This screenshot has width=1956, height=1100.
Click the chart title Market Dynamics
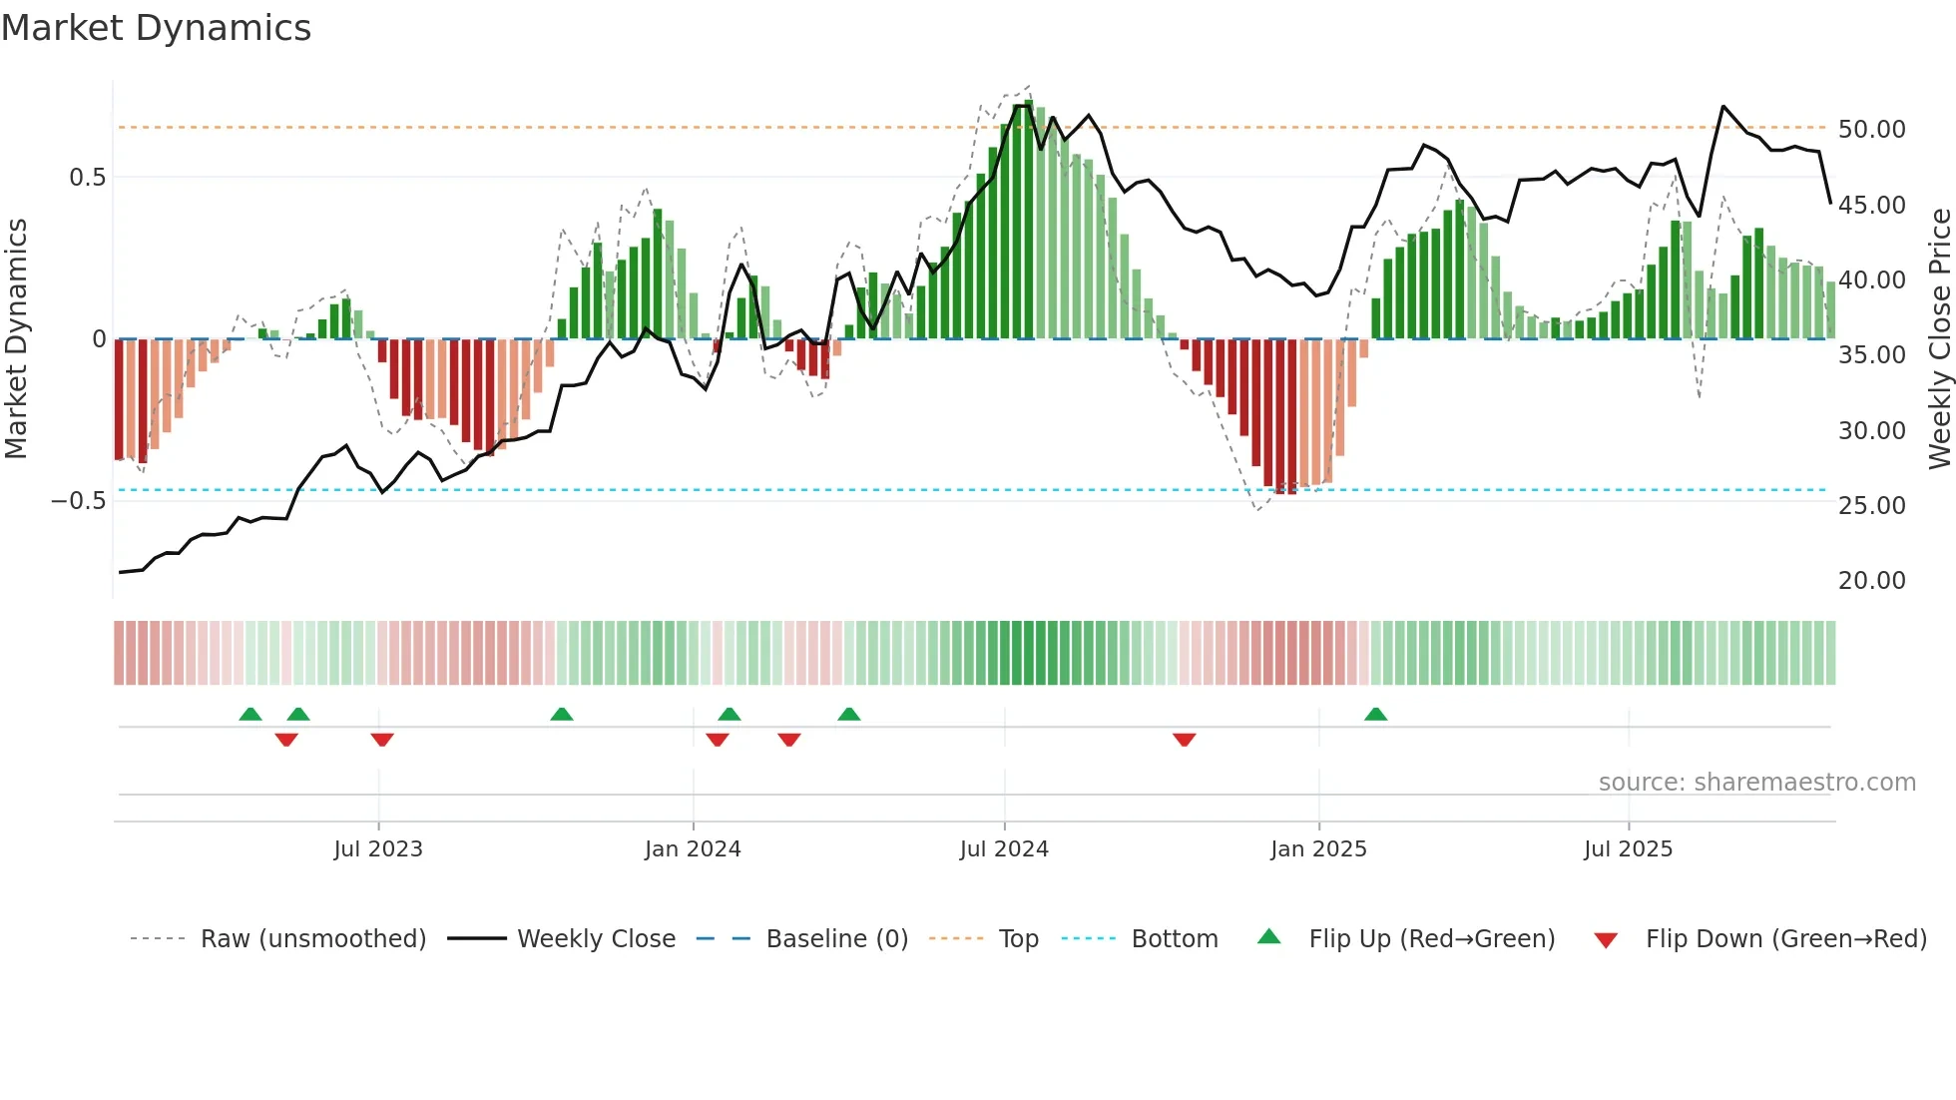pyautogui.click(x=157, y=28)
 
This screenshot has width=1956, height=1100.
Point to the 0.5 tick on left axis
pyautogui.click(x=87, y=178)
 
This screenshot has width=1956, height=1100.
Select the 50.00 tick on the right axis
pyautogui.click(x=1871, y=130)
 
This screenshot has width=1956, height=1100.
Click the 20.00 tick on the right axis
pyautogui.click(x=1871, y=581)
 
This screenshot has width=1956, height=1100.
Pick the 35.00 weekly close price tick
pyautogui.click(x=1871, y=355)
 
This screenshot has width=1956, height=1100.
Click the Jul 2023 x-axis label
pyautogui.click(x=378, y=849)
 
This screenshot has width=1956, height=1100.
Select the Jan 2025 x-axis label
pyautogui.click(x=1318, y=849)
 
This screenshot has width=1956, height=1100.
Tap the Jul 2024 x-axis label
pyautogui.click(x=1004, y=849)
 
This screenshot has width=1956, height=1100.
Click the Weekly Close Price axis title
pyautogui.click(x=1939, y=339)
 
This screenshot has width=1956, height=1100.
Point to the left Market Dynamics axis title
pyautogui.click(x=16, y=339)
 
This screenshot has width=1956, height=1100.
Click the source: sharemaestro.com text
pyautogui.click(x=1756, y=783)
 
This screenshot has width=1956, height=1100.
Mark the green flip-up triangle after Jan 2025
pyautogui.click(x=1375, y=715)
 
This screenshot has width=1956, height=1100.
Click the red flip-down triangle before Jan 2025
pyautogui.click(x=1185, y=740)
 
